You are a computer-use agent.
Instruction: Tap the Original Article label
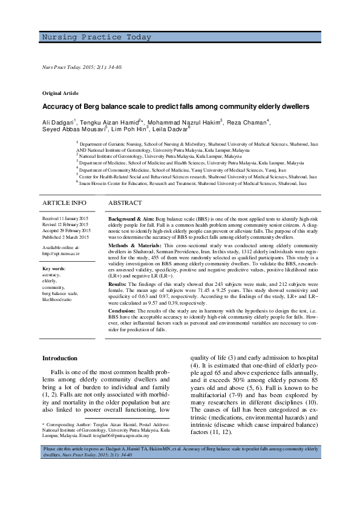pyautogui.click(x=60, y=93)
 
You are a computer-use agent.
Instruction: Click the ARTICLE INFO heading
pyautogui.click(x=64, y=203)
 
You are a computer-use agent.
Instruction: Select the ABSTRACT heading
pyautogui.click(x=125, y=203)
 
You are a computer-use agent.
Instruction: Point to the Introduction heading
pyautogui.click(x=59, y=358)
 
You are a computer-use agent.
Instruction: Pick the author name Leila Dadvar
pyautogui.click(x=171, y=128)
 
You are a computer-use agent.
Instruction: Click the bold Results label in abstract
pyautogui.click(x=117, y=283)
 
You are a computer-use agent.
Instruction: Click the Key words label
pyautogui.click(x=54, y=268)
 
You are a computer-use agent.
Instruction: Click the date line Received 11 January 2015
pyautogui.click(x=65, y=216)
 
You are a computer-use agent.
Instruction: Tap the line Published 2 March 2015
pyautogui.click(x=65, y=236)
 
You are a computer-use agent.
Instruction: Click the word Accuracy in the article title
pyautogui.click(x=57, y=106)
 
